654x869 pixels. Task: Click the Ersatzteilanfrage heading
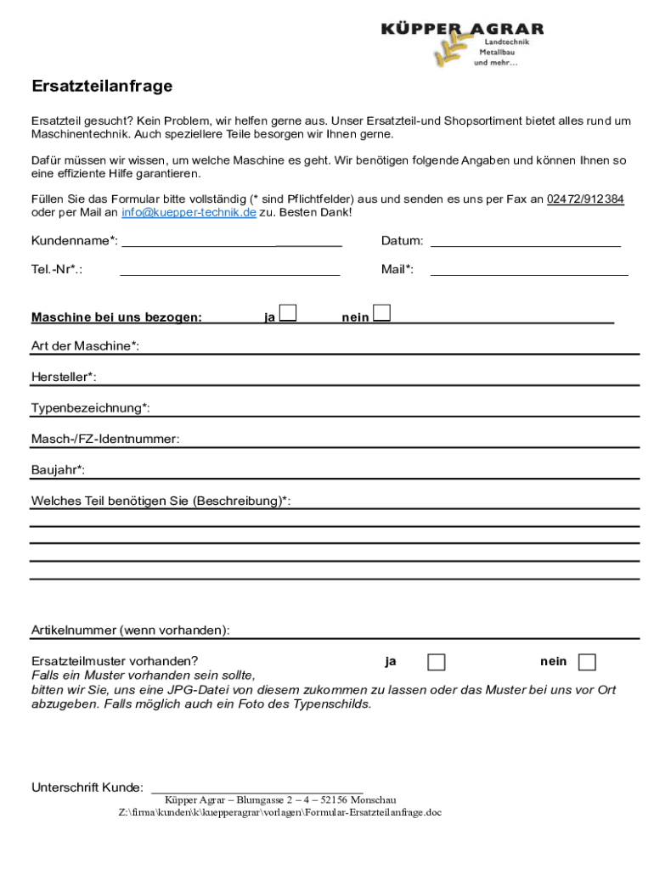(x=102, y=87)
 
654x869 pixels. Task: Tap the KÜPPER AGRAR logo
(x=462, y=43)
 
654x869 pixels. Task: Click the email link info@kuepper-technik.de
(x=189, y=212)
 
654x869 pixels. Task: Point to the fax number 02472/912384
(x=585, y=199)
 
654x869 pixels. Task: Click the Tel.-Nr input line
(x=230, y=272)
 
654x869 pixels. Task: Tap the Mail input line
(x=529, y=272)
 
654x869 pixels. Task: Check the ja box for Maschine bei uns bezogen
(x=289, y=314)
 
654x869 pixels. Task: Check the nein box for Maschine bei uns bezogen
(x=382, y=314)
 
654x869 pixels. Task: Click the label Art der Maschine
(x=85, y=346)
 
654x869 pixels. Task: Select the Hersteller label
(x=64, y=377)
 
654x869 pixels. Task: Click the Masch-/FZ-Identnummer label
(x=105, y=439)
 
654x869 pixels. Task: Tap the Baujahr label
(x=58, y=470)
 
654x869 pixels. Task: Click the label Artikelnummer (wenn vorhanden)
(x=130, y=631)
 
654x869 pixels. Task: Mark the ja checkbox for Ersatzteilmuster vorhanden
(x=436, y=662)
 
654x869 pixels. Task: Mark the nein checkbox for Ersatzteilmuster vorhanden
(x=587, y=662)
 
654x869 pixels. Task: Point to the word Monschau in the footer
(x=373, y=800)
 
